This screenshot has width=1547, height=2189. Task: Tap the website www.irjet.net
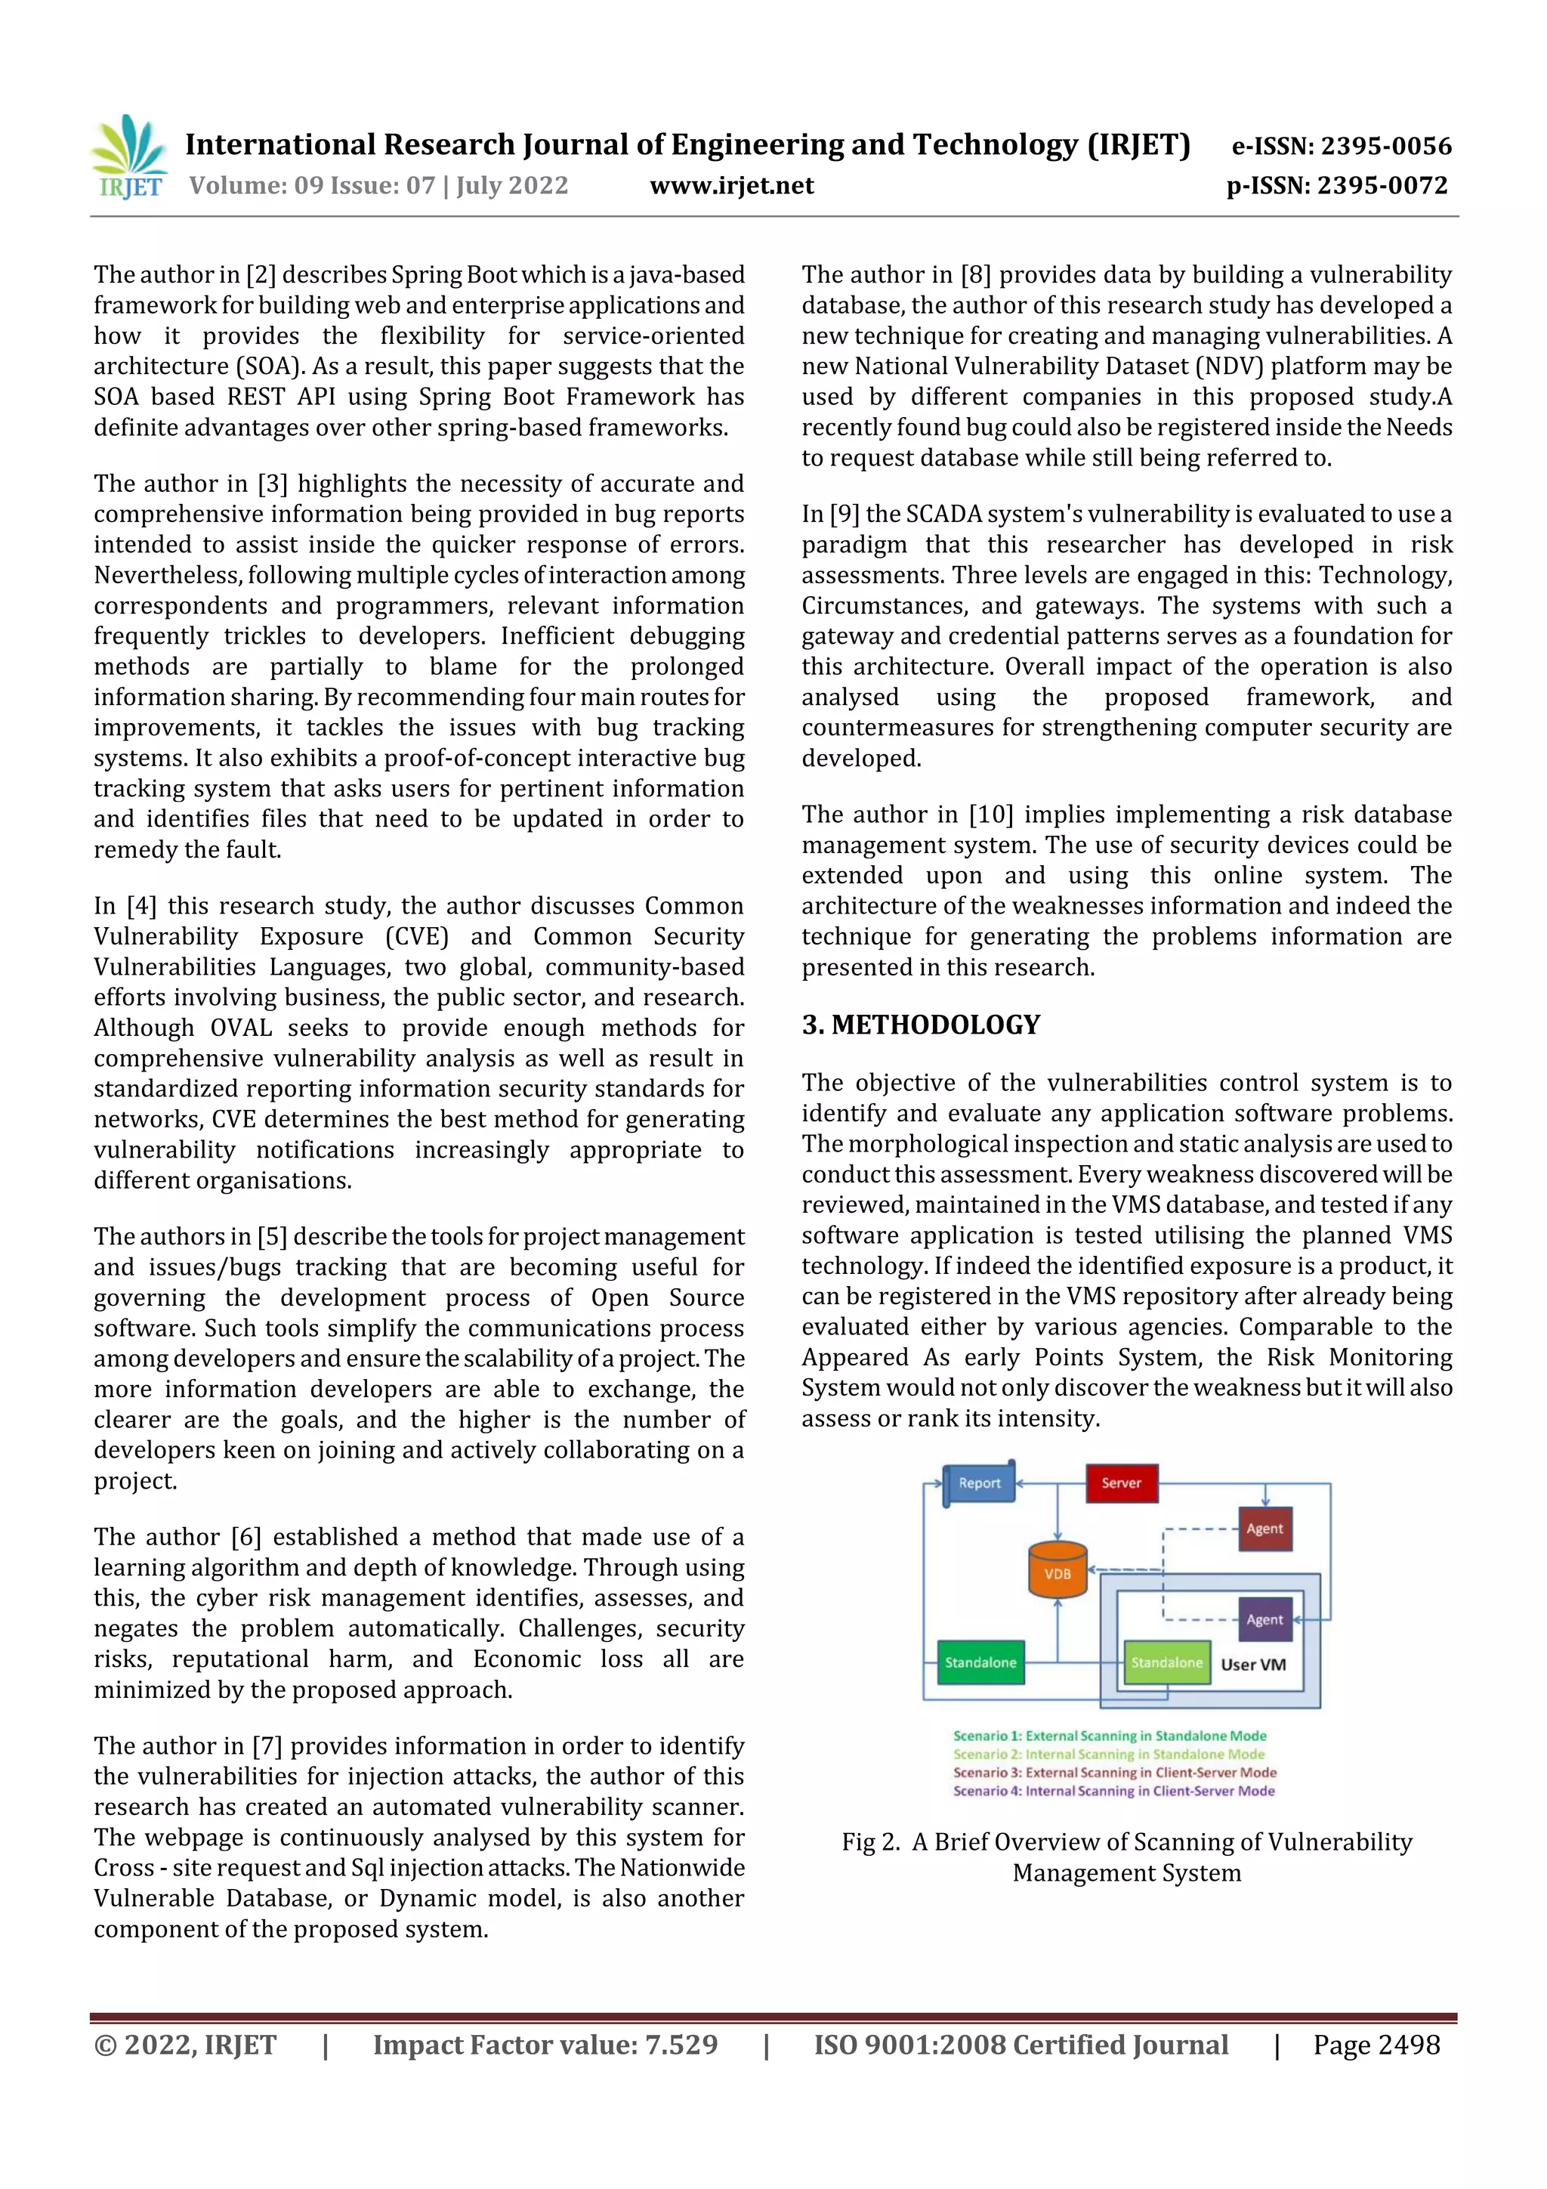click(731, 185)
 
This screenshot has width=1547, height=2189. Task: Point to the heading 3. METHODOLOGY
click(921, 1025)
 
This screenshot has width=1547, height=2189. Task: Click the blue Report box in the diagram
click(979, 1483)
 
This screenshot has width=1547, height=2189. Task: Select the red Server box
click(1121, 1483)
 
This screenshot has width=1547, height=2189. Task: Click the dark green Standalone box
click(980, 1662)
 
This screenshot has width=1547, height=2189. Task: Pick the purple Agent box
click(1264, 1619)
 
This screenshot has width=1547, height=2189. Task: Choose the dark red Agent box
click(1264, 1529)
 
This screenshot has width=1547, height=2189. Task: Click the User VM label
click(1252, 1665)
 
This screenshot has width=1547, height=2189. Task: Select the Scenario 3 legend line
click(1114, 1773)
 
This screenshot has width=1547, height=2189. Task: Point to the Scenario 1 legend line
click(1110, 1736)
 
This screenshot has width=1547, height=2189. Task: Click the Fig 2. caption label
click(870, 1842)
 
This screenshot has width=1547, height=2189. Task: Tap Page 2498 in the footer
click(1376, 2044)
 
